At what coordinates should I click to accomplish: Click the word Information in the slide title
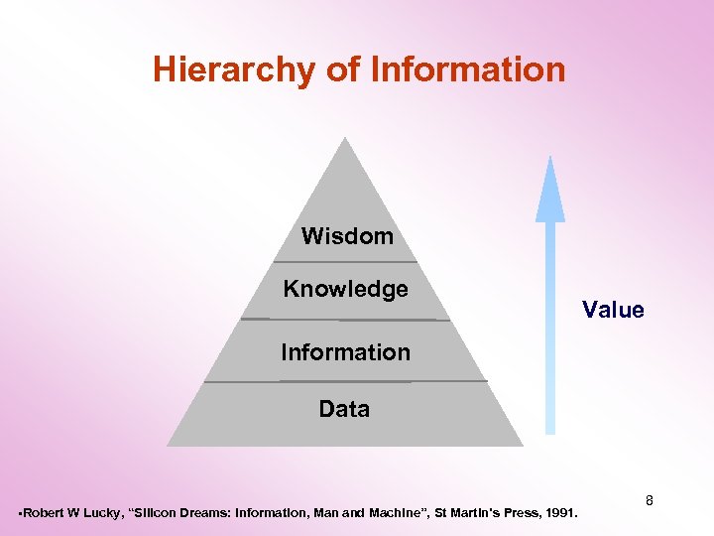click(x=467, y=70)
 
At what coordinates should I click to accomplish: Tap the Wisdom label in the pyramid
click(x=347, y=236)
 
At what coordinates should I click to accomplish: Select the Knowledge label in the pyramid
click(x=345, y=289)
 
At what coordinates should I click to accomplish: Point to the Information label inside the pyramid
click(x=345, y=352)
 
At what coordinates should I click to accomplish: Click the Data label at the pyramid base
click(x=344, y=409)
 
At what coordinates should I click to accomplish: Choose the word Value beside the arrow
click(x=613, y=310)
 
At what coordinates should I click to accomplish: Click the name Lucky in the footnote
click(x=97, y=513)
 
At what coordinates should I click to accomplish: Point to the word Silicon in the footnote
click(x=153, y=513)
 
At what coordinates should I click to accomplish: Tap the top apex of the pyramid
click(x=345, y=140)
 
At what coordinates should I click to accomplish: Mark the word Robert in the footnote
click(x=41, y=513)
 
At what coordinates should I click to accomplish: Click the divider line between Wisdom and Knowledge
click(x=345, y=262)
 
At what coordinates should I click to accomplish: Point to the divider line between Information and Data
click(x=345, y=381)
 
